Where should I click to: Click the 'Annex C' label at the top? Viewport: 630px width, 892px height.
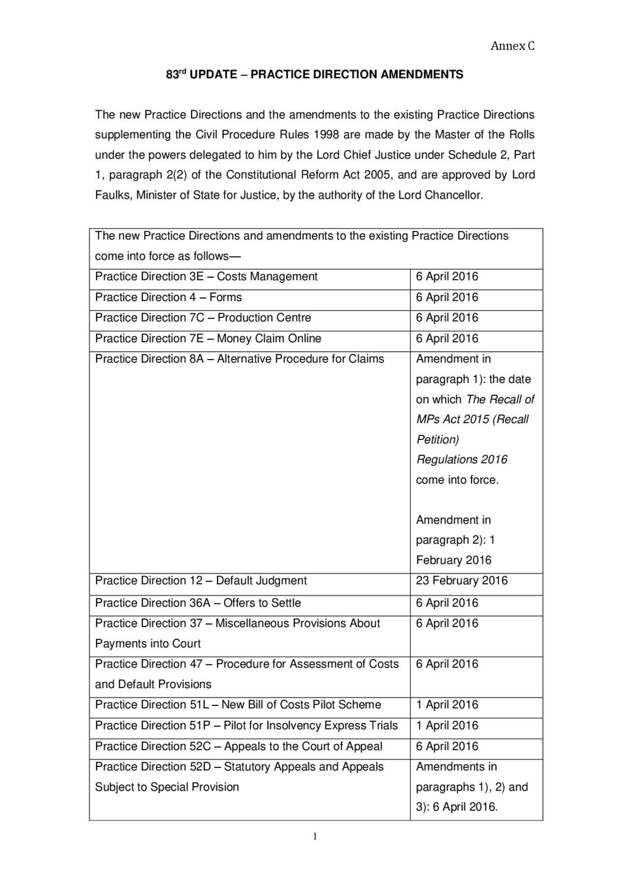pyautogui.click(x=512, y=46)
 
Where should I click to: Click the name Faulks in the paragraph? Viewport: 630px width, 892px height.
pyautogui.click(x=113, y=195)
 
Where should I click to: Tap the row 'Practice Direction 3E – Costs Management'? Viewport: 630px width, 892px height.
pyautogui.click(x=206, y=277)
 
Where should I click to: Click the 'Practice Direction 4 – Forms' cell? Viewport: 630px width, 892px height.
pyautogui.click(x=168, y=297)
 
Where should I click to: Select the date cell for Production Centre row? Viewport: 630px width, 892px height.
pyautogui.click(x=447, y=318)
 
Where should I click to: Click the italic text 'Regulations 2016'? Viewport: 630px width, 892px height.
pyautogui.click(x=462, y=460)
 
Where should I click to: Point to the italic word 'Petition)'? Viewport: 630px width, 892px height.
pyautogui.click(x=437, y=439)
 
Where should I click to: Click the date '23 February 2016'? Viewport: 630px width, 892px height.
pyautogui.click(x=462, y=581)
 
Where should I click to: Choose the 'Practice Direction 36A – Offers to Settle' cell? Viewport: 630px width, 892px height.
pyautogui.click(x=198, y=603)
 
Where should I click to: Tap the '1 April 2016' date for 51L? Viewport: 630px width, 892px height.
pyautogui.click(x=447, y=705)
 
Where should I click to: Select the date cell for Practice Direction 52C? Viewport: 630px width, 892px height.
pyautogui.click(x=447, y=746)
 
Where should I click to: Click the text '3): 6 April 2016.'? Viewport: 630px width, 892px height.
pyautogui.click(x=457, y=807)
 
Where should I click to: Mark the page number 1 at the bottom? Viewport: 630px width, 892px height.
pyautogui.click(x=315, y=836)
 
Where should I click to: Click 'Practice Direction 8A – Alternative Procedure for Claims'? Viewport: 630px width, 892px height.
pyautogui.click(x=239, y=359)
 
